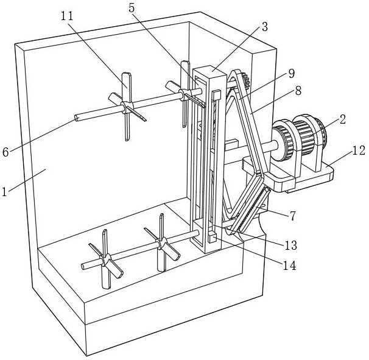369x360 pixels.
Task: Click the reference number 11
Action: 67,16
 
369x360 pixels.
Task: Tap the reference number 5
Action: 132,8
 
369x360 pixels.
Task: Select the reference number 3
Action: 265,27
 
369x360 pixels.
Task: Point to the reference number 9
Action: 291,74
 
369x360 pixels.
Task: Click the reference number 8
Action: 298,91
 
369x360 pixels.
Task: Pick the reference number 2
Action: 343,119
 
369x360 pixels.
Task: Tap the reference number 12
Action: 359,150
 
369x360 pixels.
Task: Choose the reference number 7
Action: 292,216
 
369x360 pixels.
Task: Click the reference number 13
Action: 291,245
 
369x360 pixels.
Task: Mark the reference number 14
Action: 289,266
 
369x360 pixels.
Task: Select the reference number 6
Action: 5,152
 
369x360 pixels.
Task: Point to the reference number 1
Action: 4,192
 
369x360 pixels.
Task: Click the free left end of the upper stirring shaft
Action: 77,118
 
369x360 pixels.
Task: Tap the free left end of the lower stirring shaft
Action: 83,266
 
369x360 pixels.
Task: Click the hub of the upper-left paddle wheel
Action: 127,107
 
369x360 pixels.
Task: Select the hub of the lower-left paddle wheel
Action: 105,259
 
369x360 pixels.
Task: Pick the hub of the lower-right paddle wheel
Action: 162,243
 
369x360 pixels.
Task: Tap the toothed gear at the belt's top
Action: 245,80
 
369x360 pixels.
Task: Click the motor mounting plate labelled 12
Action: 288,175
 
